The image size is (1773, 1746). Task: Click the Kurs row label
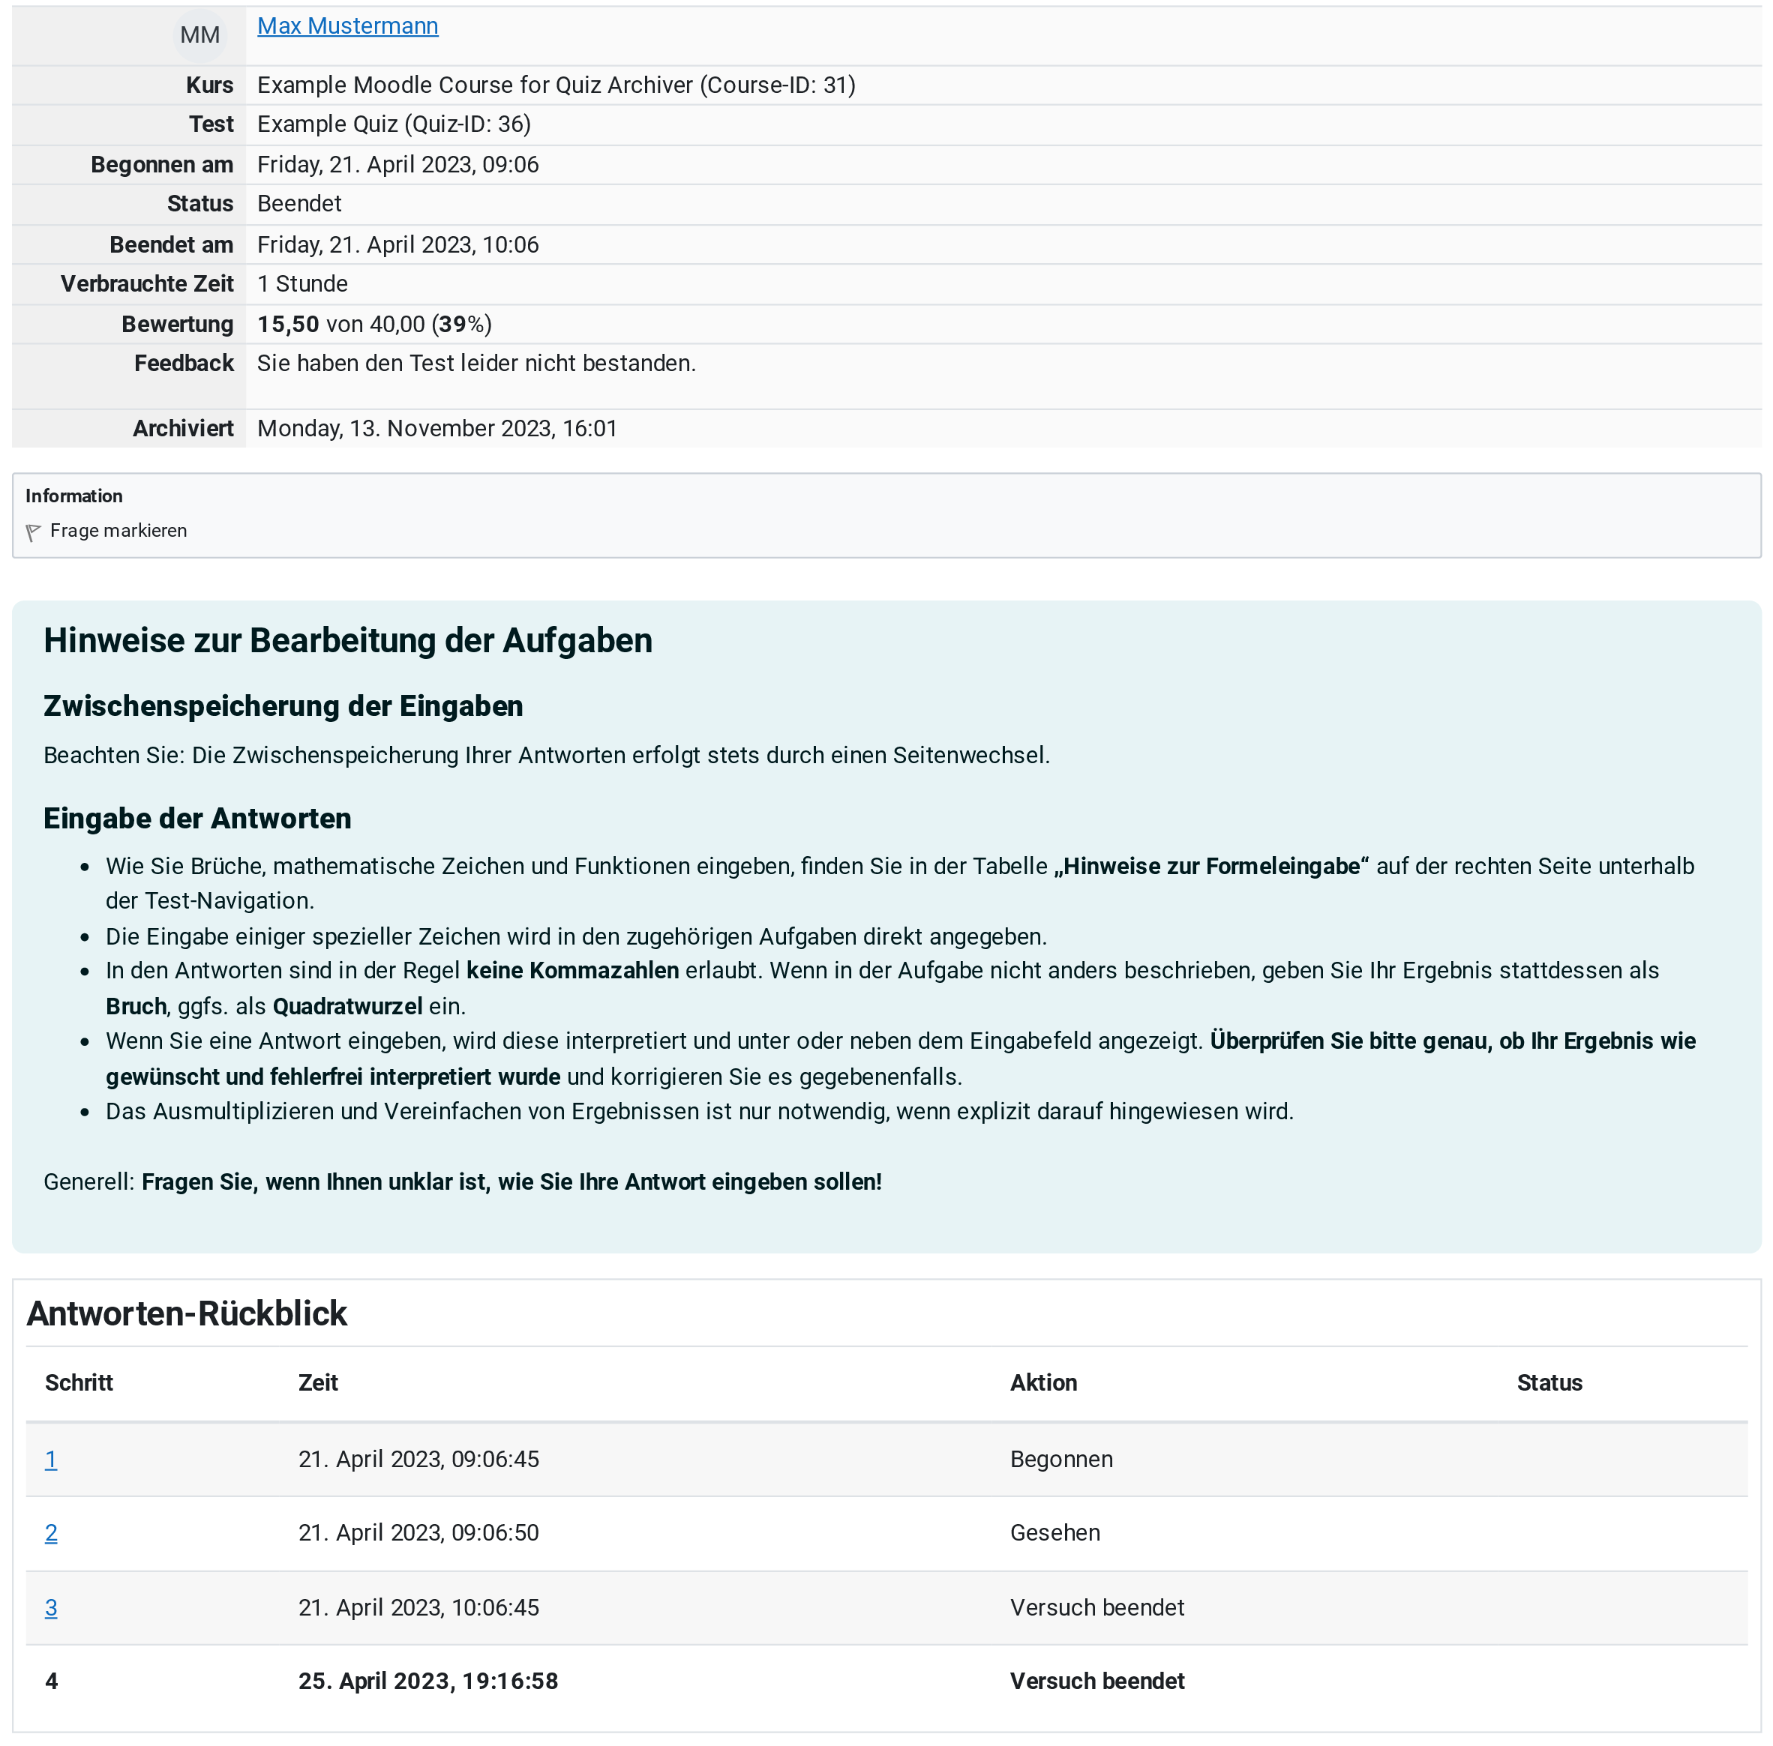(x=209, y=85)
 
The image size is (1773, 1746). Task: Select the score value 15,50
(x=288, y=324)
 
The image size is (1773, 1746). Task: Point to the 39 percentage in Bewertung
(x=452, y=324)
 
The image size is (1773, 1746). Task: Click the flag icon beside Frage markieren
(x=33, y=532)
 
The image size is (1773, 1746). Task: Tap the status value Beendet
(x=299, y=204)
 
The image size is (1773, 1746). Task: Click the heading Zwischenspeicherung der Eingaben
(x=283, y=706)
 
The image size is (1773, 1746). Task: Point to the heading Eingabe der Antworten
(x=197, y=818)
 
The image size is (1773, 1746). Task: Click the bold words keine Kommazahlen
(x=572, y=970)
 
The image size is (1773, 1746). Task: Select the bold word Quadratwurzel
(x=348, y=1006)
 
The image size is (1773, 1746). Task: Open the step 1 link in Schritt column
(x=51, y=1459)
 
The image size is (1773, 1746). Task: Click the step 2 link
(x=51, y=1532)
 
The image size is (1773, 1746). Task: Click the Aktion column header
(x=1043, y=1383)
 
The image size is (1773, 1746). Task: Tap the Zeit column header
(x=318, y=1383)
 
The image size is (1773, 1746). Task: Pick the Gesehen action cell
(x=1054, y=1532)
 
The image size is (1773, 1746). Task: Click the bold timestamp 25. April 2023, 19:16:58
(x=427, y=1681)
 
